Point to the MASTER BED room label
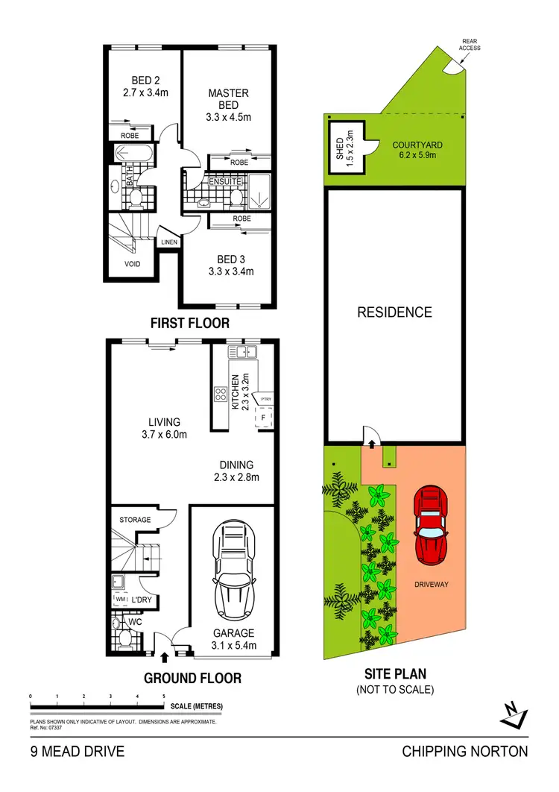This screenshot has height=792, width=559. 228,104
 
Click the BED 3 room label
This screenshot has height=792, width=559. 230,265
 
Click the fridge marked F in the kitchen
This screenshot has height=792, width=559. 265,418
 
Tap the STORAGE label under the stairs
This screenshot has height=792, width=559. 135,520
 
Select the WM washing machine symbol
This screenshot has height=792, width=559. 121,599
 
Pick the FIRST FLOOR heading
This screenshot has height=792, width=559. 189,324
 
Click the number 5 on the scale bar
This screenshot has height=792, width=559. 164,696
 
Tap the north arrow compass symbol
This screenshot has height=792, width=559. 514,714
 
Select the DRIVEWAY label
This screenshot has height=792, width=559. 432,584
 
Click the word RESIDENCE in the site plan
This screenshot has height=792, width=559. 394,312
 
